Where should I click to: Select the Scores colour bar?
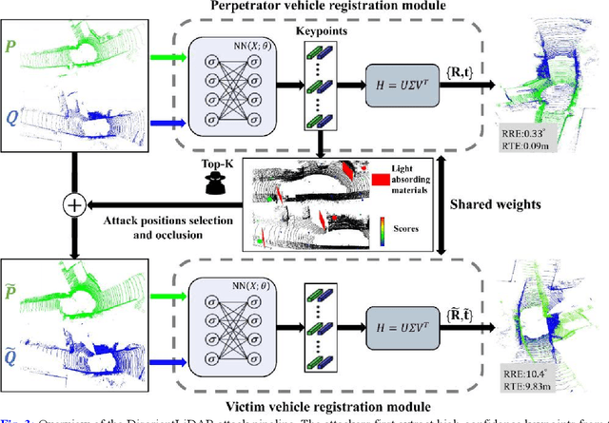tap(383, 229)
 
